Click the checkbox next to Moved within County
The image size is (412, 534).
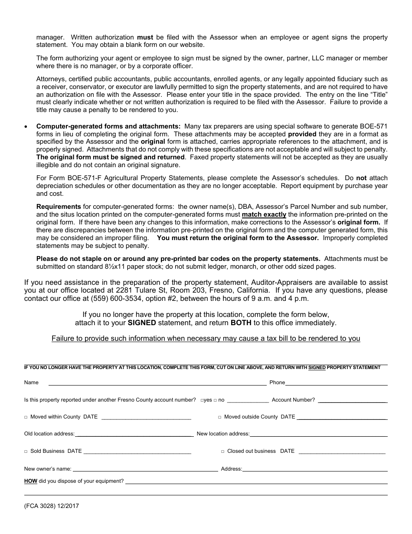[26, 417]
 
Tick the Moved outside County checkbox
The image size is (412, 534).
[220, 417]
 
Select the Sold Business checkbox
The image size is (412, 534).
[26, 452]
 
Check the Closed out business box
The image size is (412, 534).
[223, 452]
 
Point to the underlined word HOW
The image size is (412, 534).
[30, 481]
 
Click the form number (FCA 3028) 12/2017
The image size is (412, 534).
[52, 506]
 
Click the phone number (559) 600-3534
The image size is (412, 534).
[111, 299]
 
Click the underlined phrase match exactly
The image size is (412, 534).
[264, 214]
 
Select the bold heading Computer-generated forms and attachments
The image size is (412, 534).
[108, 126]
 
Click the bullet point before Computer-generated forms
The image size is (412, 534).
[26, 127]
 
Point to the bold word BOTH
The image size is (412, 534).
[241, 323]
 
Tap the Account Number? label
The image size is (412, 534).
[293, 400]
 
